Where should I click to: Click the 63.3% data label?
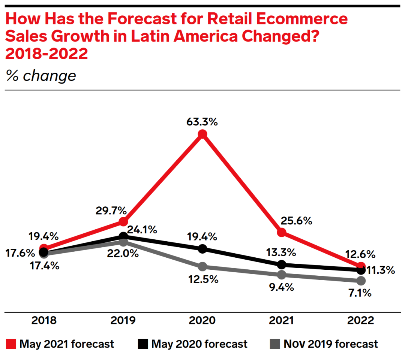pos(202,122)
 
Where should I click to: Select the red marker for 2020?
pos(202,134)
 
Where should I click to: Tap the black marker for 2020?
pos(202,249)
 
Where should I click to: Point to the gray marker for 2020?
pos(202,267)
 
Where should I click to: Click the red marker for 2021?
pos(282,233)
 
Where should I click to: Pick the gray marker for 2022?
pos(361,281)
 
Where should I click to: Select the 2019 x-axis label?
pos(123,321)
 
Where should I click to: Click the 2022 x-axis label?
pos(361,321)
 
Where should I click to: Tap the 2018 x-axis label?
pos(44,321)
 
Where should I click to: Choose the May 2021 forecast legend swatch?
pos(11,344)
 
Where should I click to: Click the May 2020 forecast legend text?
pos(199,344)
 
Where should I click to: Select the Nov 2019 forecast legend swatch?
pos(275,344)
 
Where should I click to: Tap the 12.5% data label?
pos(203,279)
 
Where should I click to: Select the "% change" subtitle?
pos(41,76)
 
